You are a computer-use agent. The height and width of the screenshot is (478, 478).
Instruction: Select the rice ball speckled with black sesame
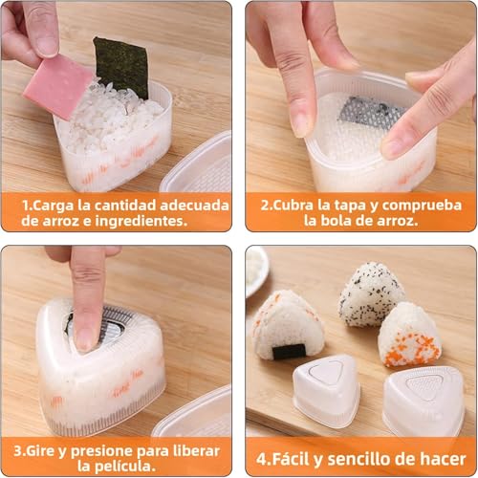(x=372, y=293)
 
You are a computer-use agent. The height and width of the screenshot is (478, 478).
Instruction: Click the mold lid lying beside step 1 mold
(x=199, y=166)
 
